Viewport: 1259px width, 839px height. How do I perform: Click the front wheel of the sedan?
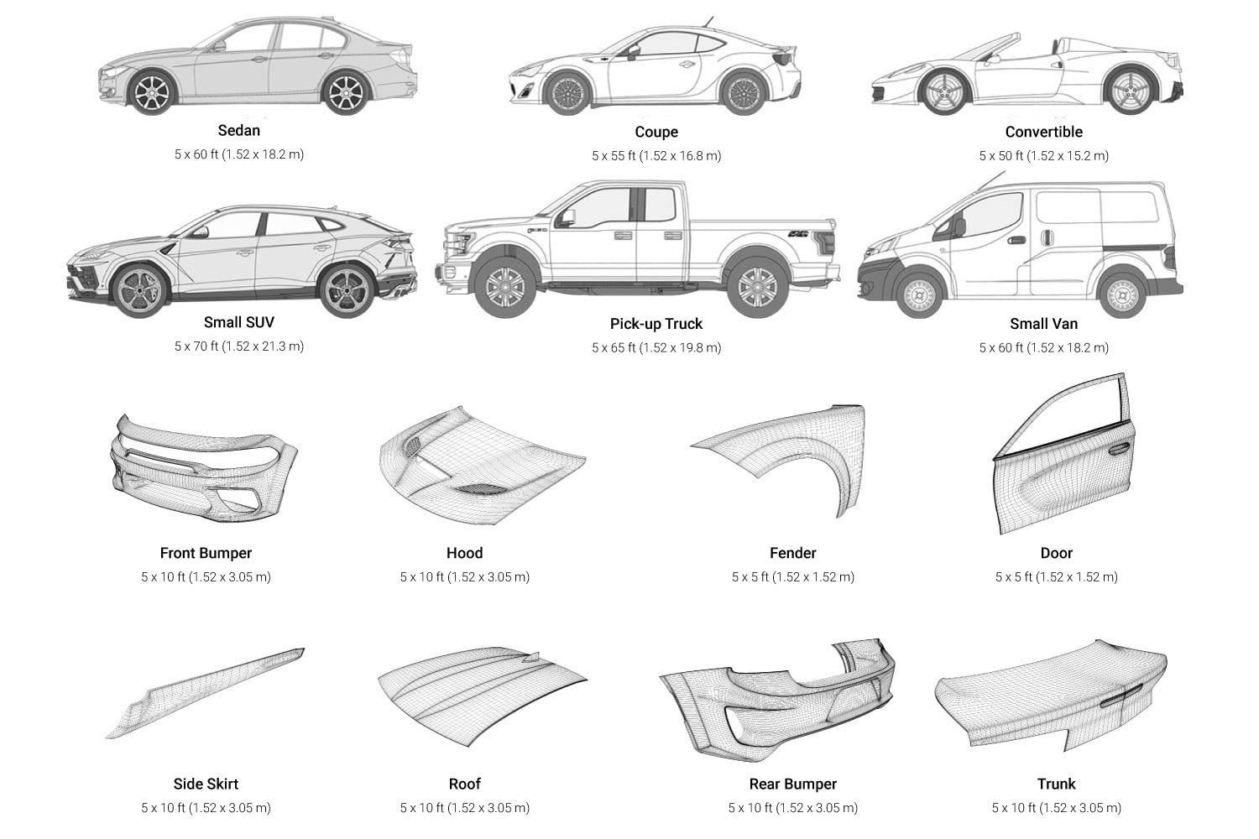point(152,92)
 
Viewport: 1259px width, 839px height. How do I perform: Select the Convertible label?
point(1043,132)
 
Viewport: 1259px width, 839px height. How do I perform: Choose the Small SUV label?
point(239,322)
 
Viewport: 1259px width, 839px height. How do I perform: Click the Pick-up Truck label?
point(656,324)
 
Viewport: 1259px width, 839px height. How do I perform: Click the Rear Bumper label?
point(793,784)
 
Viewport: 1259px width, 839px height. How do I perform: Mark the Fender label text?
point(793,553)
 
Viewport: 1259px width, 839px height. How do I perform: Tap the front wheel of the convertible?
point(946,92)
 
